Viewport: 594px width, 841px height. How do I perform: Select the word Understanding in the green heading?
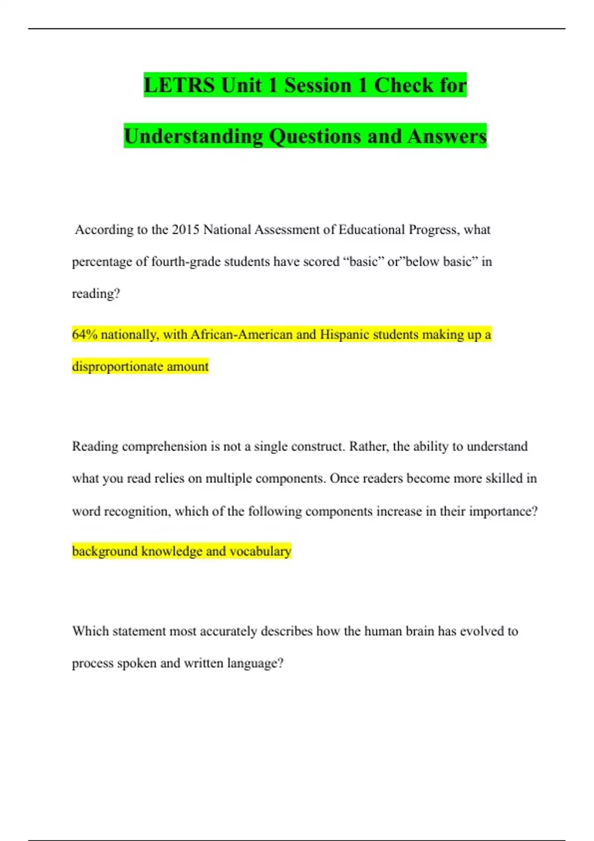193,137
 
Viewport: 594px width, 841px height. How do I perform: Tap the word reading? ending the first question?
96,294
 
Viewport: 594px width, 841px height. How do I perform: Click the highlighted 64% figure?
85,335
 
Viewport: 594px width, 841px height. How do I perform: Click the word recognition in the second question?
137,512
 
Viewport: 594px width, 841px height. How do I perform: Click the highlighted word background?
104,552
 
